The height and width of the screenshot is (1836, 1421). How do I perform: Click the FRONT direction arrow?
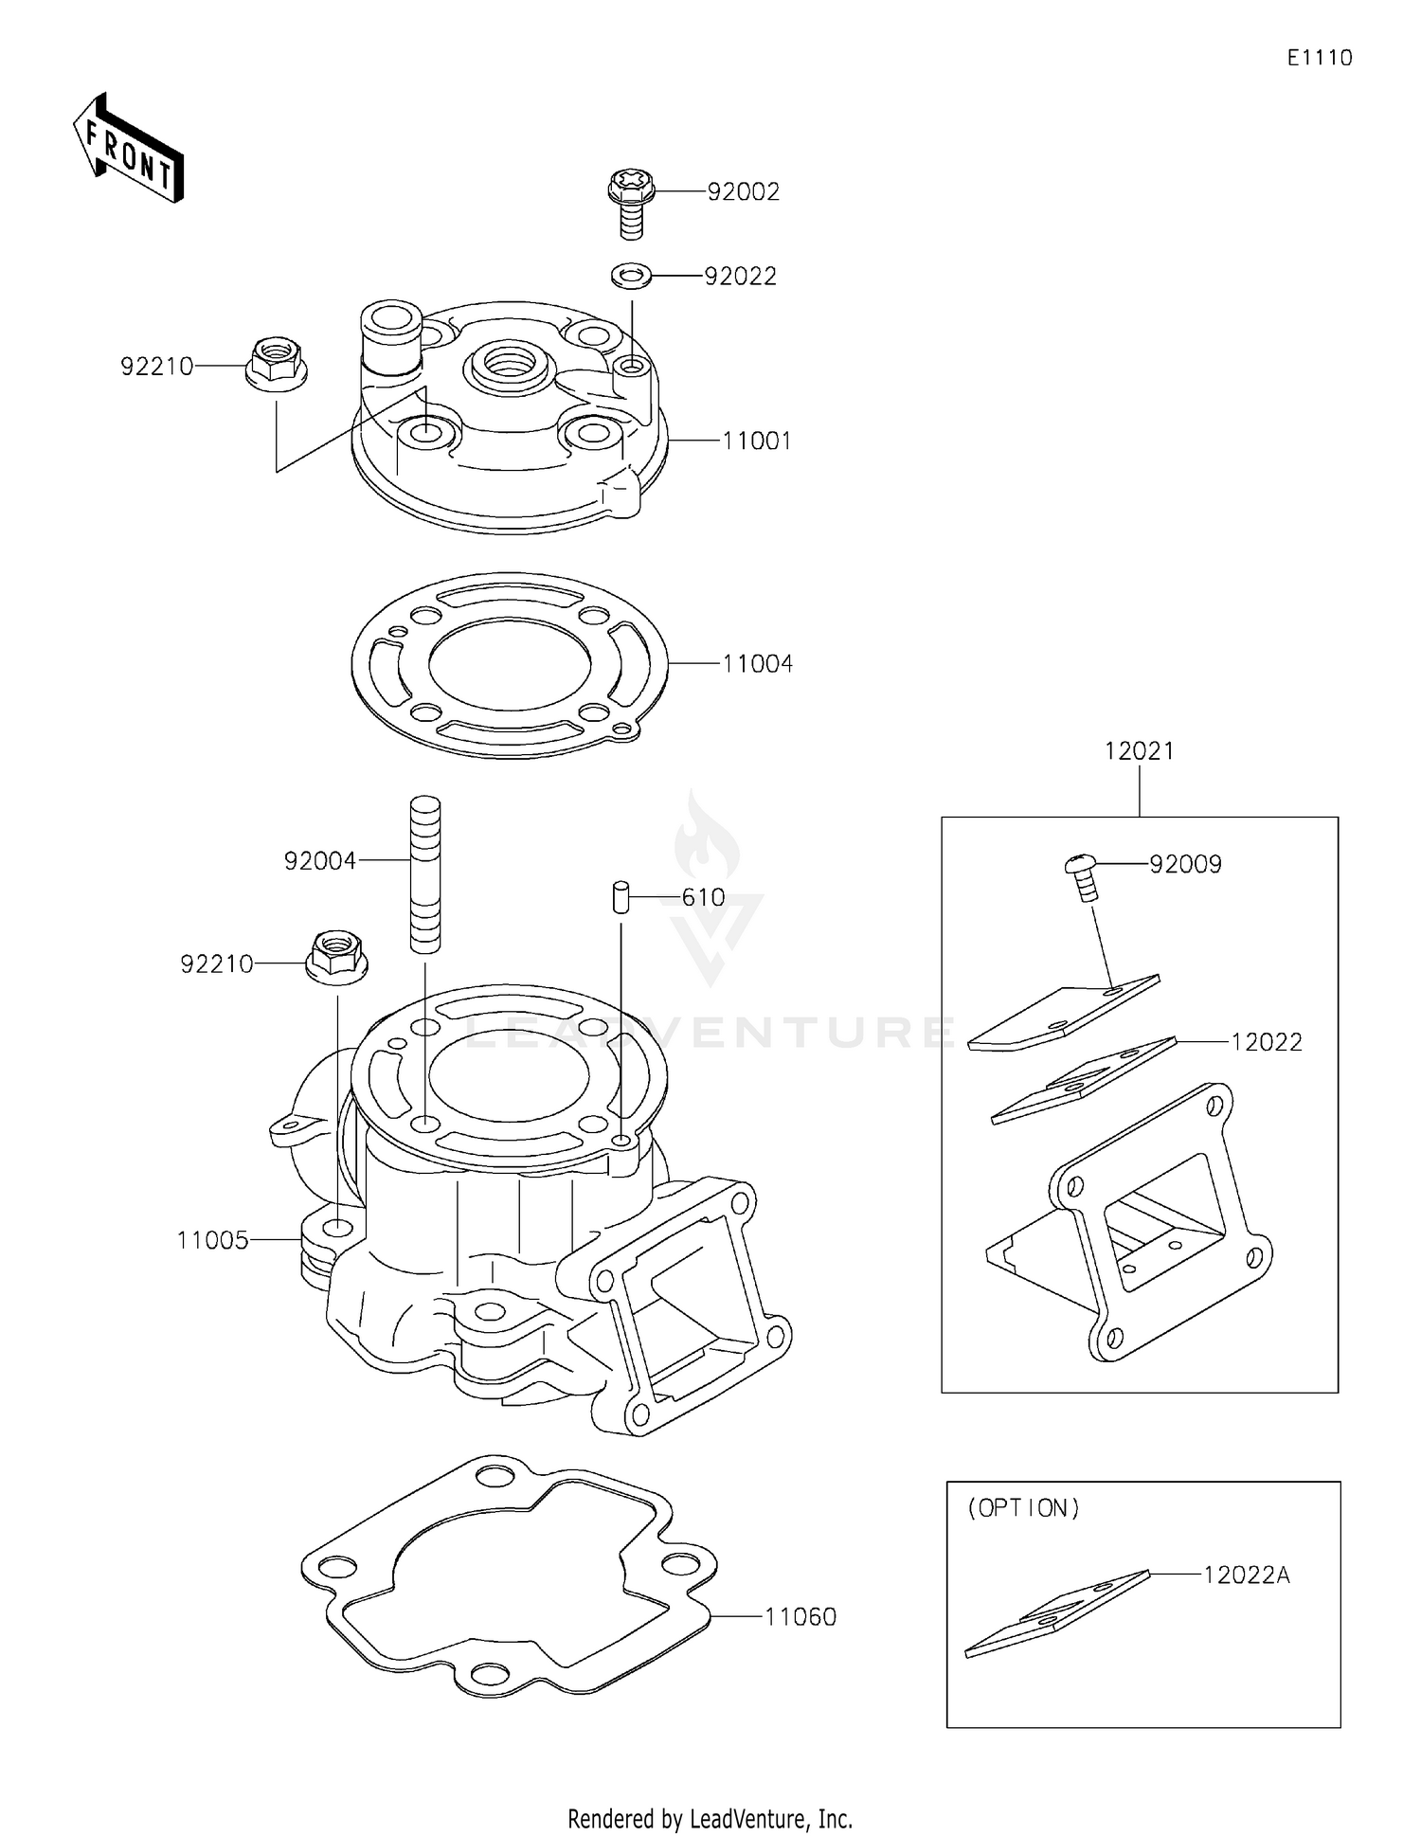(x=128, y=150)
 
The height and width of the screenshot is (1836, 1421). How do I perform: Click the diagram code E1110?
(x=1320, y=58)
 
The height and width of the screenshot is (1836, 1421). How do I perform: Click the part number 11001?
(x=756, y=441)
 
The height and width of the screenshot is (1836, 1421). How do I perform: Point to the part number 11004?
(x=757, y=664)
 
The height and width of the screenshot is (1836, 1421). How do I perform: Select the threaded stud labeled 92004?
(x=425, y=873)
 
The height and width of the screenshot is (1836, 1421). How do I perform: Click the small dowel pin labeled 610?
(x=621, y=896)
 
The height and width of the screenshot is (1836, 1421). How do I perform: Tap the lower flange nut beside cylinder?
(x=335, y=958)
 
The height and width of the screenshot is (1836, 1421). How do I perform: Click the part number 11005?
(x=212, y=1240)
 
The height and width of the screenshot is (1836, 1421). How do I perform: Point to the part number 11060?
(x=800, y=1616)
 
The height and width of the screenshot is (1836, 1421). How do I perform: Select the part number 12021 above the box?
(x=1139, y=751)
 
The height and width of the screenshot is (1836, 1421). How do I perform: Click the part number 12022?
(x=1266, y=1042)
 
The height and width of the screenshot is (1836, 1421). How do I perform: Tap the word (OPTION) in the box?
(x=1023, y=1508)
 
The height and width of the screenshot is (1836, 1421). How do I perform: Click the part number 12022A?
(x=1247, y=1575)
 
